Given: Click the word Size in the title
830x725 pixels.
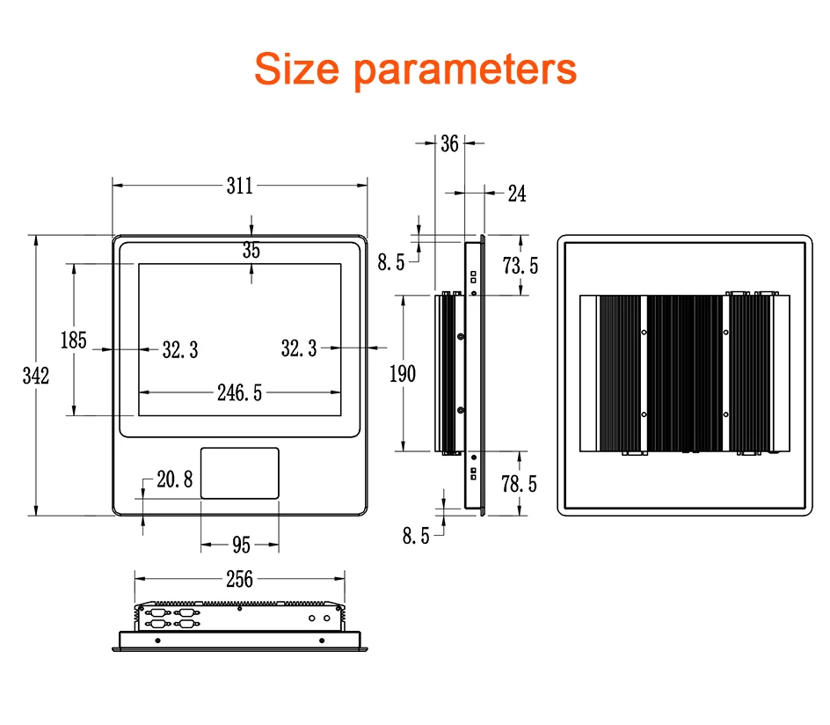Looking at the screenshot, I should tap(296, 68).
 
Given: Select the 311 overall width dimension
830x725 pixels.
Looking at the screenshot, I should tap(239, 186).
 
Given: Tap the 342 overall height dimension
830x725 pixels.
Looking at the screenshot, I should tap(35, 376).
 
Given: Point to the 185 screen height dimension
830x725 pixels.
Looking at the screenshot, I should tap(73, 340).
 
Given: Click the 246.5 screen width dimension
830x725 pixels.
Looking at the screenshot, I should tap(239, 392).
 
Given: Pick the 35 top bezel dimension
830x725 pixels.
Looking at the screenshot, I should tap(251, 251).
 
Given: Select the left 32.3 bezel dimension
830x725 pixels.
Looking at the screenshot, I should tap(179, 350).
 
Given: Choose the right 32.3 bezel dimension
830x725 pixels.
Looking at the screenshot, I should tap(299, 348).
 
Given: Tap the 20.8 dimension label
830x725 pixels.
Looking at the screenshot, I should tap(174, 480).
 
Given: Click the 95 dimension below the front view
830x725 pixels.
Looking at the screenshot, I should tap(241, 546).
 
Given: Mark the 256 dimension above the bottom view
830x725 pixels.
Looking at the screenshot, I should tap(239, 579).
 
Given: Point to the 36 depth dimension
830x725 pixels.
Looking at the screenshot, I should tap(449, 143).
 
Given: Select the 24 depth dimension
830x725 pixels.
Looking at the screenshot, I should tap(517, 194).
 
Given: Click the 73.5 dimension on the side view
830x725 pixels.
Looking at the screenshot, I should tap(521, 265).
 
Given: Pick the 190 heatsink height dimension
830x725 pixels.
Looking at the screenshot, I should tap(403, 374).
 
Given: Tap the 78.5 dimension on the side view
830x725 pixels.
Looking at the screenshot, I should tap(519, 483).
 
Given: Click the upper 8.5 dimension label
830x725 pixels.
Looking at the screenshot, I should tap(391, 261).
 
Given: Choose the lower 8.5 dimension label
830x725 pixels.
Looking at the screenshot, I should tap(416, 535).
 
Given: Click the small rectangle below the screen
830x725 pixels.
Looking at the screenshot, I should tap(240, 473).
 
